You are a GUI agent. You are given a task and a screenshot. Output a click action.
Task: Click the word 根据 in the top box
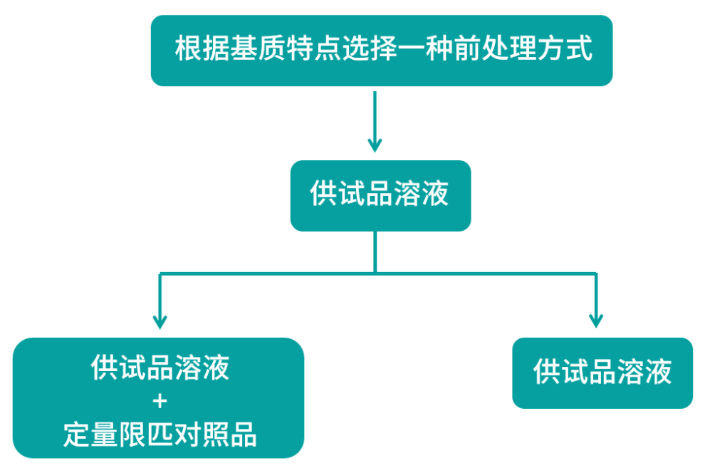[202, 48]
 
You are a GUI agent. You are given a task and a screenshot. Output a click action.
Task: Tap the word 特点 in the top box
[314, 48]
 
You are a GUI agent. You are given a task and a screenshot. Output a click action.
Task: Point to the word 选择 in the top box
[370, 48]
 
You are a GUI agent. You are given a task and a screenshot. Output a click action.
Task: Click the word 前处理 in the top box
[495, 48]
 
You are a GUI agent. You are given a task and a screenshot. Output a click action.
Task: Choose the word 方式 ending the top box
[565, 48]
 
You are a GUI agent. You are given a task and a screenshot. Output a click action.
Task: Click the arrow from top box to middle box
[375, 122]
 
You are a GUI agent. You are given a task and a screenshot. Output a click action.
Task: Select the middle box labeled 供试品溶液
[380, 196]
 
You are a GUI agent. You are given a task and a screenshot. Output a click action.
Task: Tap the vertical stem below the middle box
[375, 251]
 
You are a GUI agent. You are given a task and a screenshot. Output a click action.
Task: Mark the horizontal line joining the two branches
[377, 273]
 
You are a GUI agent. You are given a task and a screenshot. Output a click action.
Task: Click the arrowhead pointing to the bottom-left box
[160, 322]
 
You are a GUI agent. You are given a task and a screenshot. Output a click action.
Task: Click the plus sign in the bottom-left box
[160, 401]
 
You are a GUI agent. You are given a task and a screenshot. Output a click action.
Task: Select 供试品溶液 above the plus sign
[160, 368]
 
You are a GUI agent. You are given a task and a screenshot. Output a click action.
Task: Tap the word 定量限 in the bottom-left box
[104, 435]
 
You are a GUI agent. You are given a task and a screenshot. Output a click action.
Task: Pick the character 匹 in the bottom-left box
[160, 435]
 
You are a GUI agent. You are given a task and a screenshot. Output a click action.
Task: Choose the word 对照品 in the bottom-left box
[215, 435]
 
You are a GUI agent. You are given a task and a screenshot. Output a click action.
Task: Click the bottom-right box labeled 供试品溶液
[602, 373]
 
